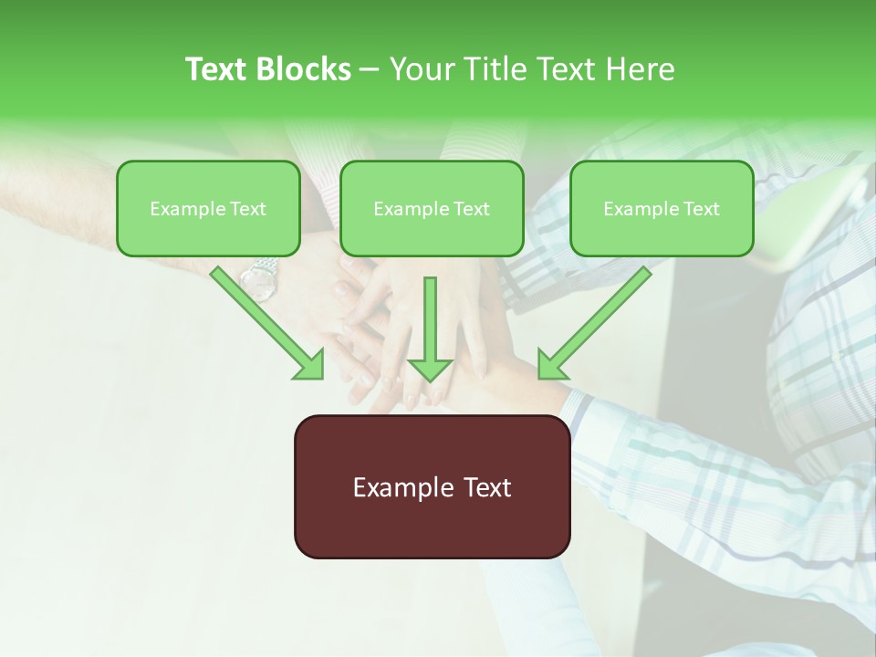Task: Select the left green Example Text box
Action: tap(208, 208)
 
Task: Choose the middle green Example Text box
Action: tap(432, 208)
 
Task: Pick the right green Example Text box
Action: tap(662, 208)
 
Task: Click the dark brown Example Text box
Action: tap(432, 486)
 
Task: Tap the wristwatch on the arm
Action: tap(259, 280)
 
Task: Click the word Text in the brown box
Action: tap(486, 487)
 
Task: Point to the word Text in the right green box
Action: tap(702, 209)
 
